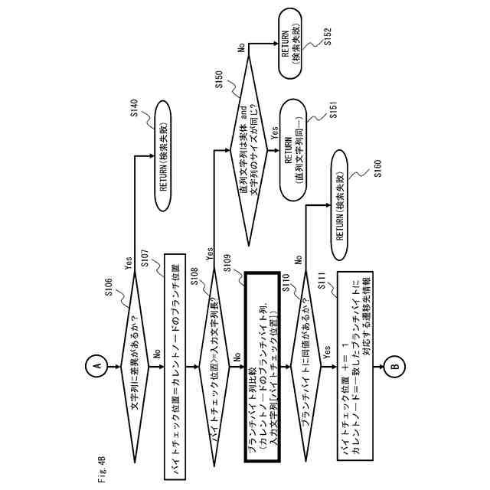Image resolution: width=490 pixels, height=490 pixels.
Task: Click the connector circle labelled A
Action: click(96, 366)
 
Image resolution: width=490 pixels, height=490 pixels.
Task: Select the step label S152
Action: click(327, 36)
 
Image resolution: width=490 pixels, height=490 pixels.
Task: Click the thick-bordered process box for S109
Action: click(263, 366)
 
